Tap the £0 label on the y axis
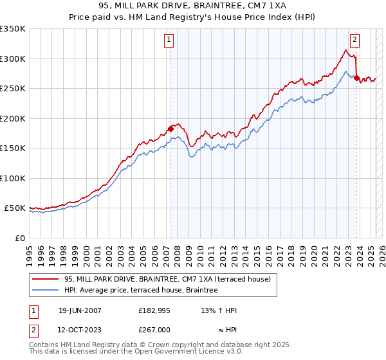[20, 238]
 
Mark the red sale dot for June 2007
[171, 129]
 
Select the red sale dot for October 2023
[356, 78]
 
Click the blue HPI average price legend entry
[141, 290]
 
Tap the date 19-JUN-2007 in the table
[80, 310]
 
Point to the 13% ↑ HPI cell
[219, 310]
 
